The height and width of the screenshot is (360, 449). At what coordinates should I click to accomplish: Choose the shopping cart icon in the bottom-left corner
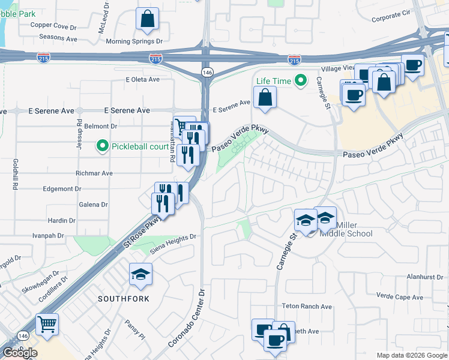coord(47,325)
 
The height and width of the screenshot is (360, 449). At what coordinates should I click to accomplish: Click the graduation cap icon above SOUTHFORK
coord(141,274)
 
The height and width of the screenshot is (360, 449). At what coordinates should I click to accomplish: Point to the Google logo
coord(20,353)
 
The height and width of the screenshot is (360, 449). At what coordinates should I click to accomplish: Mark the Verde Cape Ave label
coord(400,296)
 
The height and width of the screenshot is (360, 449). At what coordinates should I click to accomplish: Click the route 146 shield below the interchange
coord(207,72)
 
